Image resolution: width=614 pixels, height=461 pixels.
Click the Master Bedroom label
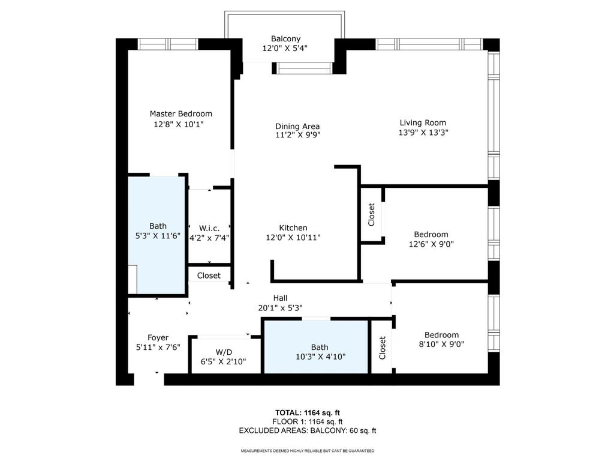tap(180, 113)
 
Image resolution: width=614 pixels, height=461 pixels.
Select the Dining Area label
tap(297, 126)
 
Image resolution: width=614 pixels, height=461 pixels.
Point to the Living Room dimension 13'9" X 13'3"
tap(423, 133)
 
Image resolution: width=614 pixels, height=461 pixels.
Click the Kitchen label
tap(293, 227)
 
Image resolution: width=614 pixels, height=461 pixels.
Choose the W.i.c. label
tap(209, 227)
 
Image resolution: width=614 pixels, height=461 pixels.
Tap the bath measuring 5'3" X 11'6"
tap(158, 231)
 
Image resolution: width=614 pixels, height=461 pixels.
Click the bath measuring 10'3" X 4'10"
tap(320, 352)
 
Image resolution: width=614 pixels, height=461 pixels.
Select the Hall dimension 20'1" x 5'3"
tap(280, 308)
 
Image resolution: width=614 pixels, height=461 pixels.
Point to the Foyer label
tap(158, 337)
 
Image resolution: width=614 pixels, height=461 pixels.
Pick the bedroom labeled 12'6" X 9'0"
tap(431, 239)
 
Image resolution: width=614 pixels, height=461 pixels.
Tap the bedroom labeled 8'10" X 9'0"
tap(441, 340)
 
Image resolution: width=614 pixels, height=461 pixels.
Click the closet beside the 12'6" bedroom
tap(372, 214)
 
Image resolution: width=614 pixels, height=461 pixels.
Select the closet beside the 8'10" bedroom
tap(382, 348)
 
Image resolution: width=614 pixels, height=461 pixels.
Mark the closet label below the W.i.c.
tap(209, 276)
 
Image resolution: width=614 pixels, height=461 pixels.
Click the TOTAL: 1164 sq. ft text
tap(308, 412)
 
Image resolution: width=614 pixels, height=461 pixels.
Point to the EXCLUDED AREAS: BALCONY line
tap(308, 430)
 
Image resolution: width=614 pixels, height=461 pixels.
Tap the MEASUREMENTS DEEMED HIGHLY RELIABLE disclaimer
tap(308, 451)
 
